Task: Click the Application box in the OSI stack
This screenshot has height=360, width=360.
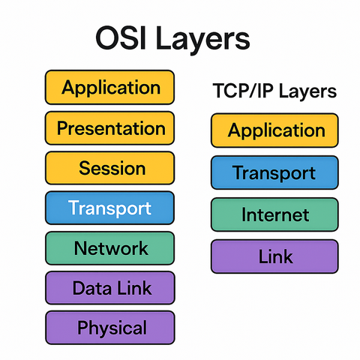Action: (x=109, y=87)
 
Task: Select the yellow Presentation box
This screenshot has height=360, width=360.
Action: (x=109, y=127)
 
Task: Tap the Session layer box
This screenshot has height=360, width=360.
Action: (x=109, y=167)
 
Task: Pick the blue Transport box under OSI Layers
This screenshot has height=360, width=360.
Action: (x=109, y=208)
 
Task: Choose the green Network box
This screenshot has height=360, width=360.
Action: (x=109, y=247)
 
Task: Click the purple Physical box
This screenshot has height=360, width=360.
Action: (x=109, y=328)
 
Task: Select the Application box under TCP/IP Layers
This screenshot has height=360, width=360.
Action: (x=275, y=130)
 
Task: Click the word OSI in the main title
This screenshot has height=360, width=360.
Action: (x=123, y=40)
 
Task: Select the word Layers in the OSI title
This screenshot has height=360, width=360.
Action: (x=202, y=41)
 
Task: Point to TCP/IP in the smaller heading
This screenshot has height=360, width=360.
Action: (x=239, y=92)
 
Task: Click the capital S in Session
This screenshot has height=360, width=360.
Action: (x=84, y=167)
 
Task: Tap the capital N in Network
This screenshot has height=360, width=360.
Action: (x=79, y=247)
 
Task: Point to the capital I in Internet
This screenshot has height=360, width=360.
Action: (x=244, y=214)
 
